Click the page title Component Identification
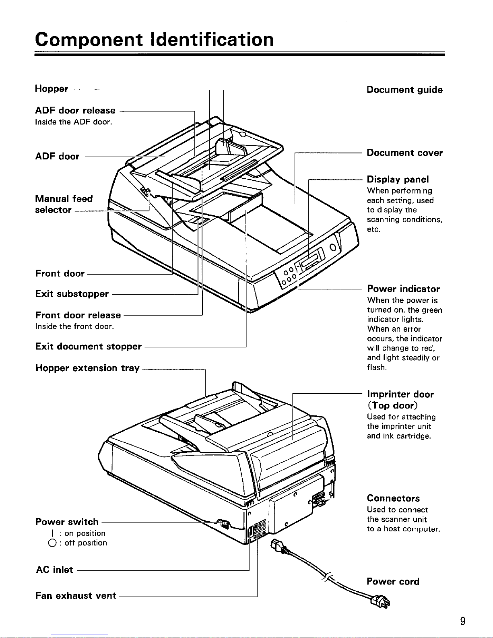click(x=155, y=39)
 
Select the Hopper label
click(x=52, y=89)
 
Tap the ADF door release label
click(x=75, y=110)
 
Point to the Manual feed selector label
click(x=64, y=204)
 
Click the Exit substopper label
click(x=72, y=294)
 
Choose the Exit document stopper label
click(x=88, y=347)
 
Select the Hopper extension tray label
click(x=87, y=368)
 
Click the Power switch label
click(x=67, y=522)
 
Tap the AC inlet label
click(x=54, y=570)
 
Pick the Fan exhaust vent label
click(x=76, y=595)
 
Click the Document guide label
click(x=405, y=89)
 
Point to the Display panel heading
click(x=398, y=180)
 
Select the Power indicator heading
click(x=404, y=289)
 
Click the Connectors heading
click(x=393, y=498)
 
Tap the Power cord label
click(x=393, y=581)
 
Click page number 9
click(x=463, y=621)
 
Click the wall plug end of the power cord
click(x=381, y=603)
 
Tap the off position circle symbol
click(x=52, y=543)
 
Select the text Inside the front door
click(x=74, y=326)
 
